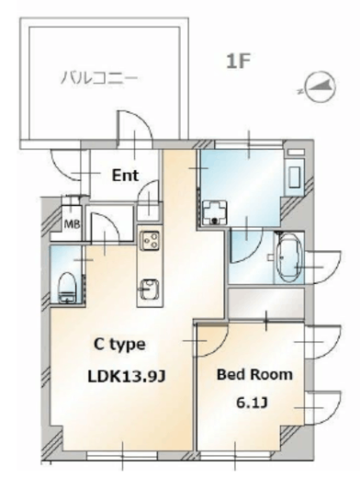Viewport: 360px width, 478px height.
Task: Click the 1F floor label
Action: click(x=239, y=61)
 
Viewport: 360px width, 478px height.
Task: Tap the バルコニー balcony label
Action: click(x=99, y=77)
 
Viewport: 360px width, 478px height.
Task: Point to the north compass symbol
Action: click(x=319, y=86)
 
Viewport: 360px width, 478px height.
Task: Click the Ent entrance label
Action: click(x=125, y=176)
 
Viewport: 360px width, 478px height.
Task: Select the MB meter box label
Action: click(x=72, y=224)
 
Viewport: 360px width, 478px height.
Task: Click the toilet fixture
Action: click(x=67, y=287)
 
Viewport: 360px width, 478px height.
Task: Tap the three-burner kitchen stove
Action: click(x=150, y=240)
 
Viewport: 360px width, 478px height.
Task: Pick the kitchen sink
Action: click(x=149, y=289)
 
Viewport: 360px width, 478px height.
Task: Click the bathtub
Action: click(x=289, y=257)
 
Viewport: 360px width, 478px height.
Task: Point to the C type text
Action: click(x=119, y=345)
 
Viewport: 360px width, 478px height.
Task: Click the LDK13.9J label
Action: click(x=127, y=376)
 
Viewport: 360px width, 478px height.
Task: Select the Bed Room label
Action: click(x=254, y=374)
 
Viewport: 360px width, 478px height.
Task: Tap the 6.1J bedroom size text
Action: click(x=252, y=403)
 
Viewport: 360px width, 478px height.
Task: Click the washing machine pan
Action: click(x=215, y=212)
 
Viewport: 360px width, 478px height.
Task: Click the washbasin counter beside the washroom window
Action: click(x=294, y=172)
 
